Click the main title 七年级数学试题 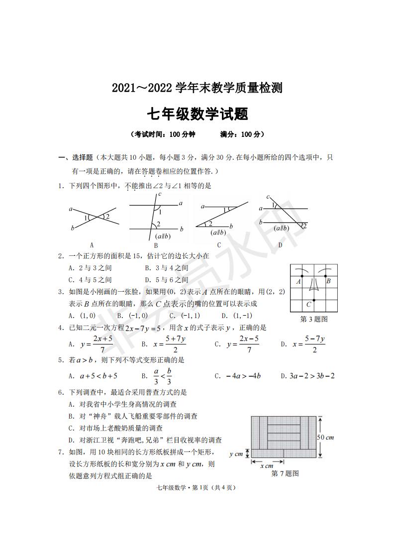pyautogui.click(x=197, y=114)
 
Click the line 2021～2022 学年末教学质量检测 pyautogui.click(x=197, y=88)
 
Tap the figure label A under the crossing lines pyautogui.click(x=92, y=245)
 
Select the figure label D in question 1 pyautogui.click(x=280, y=245)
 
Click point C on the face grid pyautogui.click(x=309, y=304)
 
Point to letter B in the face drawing pyautogui.click(x=328, y=281)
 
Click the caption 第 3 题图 pyautogui.click(x=314, y=319)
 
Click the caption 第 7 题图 pyautogui.click(x=285, y=473)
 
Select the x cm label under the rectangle pyautogui.click(x=267, y=466)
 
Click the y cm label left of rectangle pyautogui.click(x=236, y=454)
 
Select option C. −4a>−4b pyautogui.click(x=238, y=376)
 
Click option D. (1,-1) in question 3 pyautogui.click(x=237, y=316)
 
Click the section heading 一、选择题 pyautogui.click(x=76, y=158)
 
